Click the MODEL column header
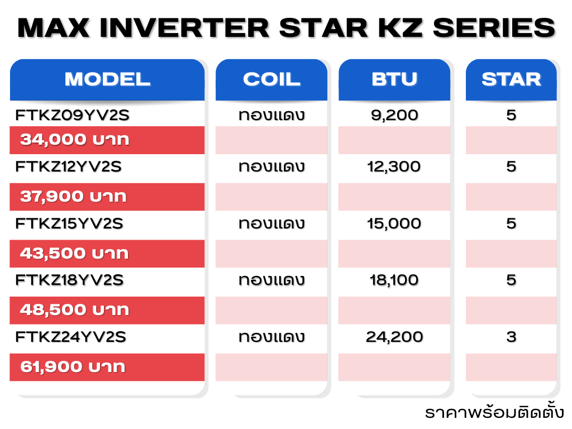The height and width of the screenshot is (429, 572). (x=107, y=79)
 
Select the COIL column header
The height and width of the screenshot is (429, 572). (x=271, y=79)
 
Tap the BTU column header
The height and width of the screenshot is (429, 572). (x=394, y=79)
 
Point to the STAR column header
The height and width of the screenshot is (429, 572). (x=511, y=79)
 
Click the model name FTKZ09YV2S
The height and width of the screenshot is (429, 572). (x=72, y=115)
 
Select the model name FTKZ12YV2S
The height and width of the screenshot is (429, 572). (x=68, y=166)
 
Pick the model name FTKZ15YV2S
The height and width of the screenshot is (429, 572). (x=69, y=223)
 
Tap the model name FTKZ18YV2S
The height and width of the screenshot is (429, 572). (x=69, y=280)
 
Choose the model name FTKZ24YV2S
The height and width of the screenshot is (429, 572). (x=70, y=337)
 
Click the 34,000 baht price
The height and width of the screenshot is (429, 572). (x=75, y=140)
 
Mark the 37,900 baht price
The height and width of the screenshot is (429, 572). (x=73, y=197)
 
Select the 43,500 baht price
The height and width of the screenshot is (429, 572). (x=74, y=254)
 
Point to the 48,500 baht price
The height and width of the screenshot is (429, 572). (x=75, y=310)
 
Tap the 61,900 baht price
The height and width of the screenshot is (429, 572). (x=73, y=367)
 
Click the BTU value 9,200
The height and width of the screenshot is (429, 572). (x=394, y=116)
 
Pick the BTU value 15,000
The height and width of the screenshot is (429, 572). (x=394, y=224)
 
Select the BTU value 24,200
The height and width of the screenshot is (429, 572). (x=394, y=337)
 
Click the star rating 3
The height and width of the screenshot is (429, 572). (x=511, y=337)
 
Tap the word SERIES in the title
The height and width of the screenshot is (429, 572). (x=494, y=28)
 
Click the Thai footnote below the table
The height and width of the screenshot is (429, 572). (x=494, y=412)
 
